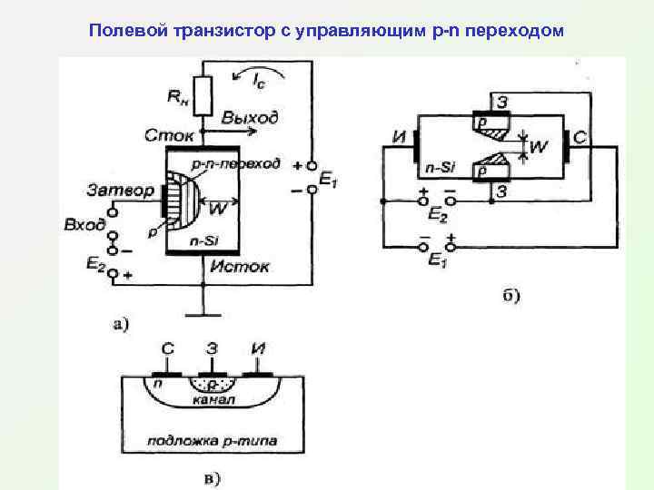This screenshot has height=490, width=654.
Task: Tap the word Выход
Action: [x=250, y=118]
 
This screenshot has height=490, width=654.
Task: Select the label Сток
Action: [x=169, y=136]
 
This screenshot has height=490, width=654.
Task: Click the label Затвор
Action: [x=119, y=191]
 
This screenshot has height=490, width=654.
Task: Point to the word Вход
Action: [x=84, y=224]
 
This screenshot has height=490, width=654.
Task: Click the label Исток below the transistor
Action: [x=240, y=267]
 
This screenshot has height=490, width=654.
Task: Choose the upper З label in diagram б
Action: [x=501, y=101]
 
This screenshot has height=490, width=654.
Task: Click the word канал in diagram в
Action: [x=213, y=399]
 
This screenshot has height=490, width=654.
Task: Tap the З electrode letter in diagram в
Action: [x=212, y=348]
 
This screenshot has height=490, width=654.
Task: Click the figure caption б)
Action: [x=510, y=295]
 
